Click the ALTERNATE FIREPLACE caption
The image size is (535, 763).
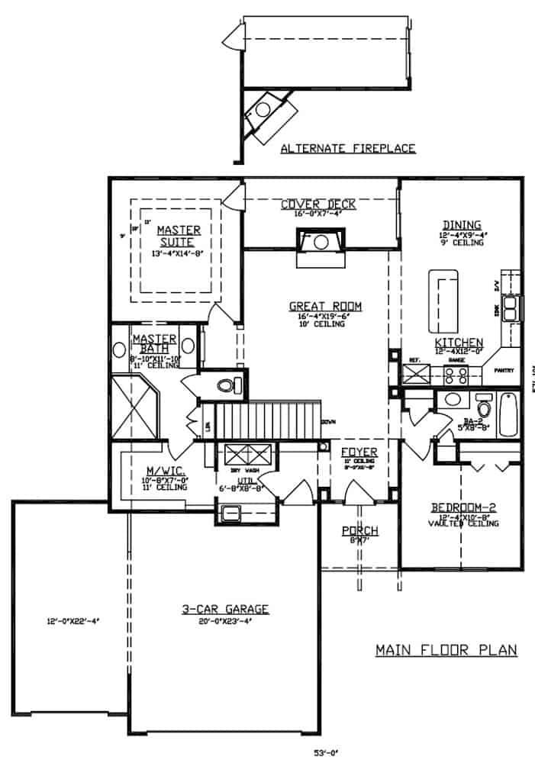pos(348,148)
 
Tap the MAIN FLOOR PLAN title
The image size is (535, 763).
pos(446,650)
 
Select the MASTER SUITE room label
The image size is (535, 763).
pos(179,236)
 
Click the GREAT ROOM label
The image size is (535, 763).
pos(325,307)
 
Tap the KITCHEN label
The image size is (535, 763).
pos(459,342)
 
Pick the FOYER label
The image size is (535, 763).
pos(359,452)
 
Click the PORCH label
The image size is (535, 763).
pos(359,531)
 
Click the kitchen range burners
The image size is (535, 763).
pos(456,375)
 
